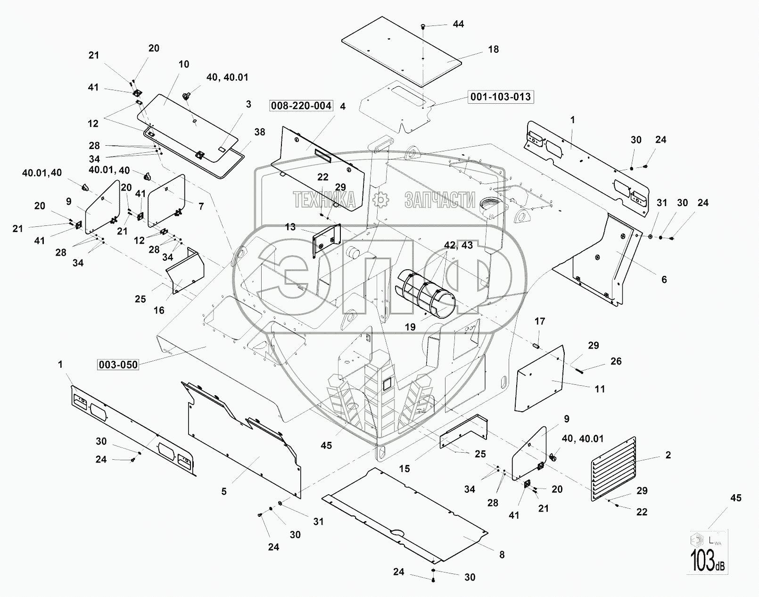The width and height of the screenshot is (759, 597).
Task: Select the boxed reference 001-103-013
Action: (x=501, y=97)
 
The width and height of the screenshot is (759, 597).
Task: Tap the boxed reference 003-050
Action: (x=118, y=365)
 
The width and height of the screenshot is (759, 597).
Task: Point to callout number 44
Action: (x=458, y=24)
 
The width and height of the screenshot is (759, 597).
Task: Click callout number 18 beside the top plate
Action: (x=493, y=49)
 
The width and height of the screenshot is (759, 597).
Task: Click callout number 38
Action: (x=259, y=133)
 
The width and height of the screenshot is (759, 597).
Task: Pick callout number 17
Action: (x=540, y=321)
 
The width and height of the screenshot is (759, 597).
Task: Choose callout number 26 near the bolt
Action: (x=616, y=361)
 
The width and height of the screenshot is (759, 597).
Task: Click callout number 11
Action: (x=600, y=389)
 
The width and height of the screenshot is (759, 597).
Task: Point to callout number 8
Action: (x=502, y=555)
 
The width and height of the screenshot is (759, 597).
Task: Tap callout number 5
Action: (x=224, y=491)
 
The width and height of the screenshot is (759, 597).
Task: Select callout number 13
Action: (x=290, y=227)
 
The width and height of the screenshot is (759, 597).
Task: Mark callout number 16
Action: (x=159, y=310)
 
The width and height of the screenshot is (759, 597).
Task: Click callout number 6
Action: (x=664, y=280)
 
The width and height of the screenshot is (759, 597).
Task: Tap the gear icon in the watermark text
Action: (x=379, y=200)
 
